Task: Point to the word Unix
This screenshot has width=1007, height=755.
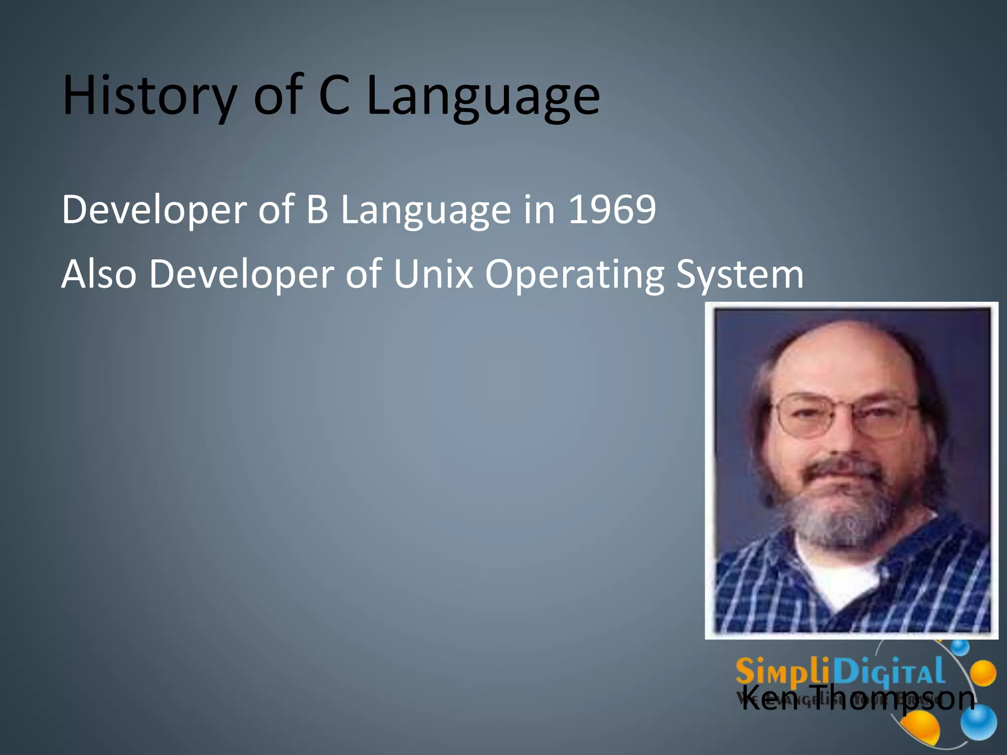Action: pos(433,274)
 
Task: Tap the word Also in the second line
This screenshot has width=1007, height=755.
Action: pos(98,274)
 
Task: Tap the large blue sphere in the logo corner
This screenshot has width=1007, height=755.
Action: pos(978,722)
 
